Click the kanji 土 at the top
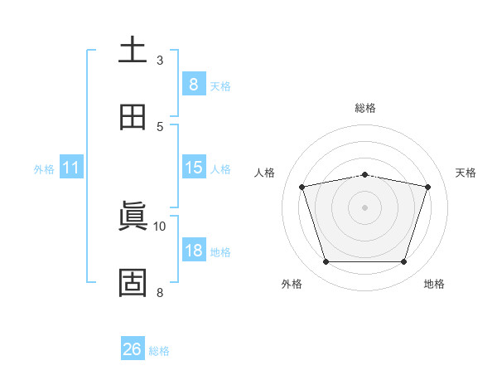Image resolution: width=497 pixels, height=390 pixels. (x=133, y=49)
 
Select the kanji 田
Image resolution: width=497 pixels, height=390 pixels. (x=133, y=117)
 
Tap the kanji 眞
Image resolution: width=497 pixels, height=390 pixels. (x=133, y=216)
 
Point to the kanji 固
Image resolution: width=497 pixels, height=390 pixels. (x=133, y=283)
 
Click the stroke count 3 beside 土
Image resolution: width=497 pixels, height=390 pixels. (x=160, y=61)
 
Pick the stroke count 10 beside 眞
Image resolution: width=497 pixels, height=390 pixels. (x=159, y=227)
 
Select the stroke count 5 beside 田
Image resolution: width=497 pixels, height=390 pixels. (x=160, y=127)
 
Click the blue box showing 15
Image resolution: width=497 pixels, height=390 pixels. (x=194, y=167)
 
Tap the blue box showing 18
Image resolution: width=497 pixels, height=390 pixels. (x=194, y=249)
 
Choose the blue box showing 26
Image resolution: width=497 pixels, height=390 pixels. (x=133, y=348)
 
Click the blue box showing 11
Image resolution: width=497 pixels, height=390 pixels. (x=71, y=167)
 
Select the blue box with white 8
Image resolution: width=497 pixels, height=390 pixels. (x=194, y=84)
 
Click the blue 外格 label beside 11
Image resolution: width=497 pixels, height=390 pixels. (x=44, y=169)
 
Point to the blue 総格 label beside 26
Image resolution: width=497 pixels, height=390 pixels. (x=159, y=351)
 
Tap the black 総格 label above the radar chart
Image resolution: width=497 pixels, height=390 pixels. (x=365, y=108)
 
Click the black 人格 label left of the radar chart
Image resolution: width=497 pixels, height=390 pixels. (x=264, y=173)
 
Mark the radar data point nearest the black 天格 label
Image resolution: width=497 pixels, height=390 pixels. (x=428, y=187)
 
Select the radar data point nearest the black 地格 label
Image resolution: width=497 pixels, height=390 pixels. (x=404, y=261)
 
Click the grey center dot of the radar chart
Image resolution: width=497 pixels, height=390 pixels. (x=364, y=207)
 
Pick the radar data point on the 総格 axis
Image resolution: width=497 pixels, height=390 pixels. (x=365, y=175)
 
